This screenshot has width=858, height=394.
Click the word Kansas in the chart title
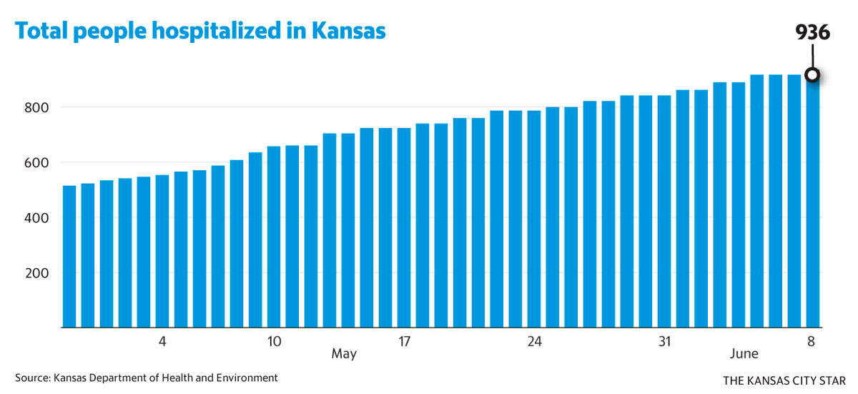(x=349, y=31)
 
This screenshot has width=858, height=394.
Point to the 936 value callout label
(x=812, y=32)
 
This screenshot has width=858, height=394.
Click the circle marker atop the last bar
(x=812, y=74)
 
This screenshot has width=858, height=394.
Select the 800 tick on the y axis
(x=36, y=107)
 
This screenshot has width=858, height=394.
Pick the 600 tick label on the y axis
(x=36, y=163)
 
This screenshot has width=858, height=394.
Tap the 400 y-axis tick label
(x=36, y=218)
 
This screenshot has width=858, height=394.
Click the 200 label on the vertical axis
(x=36, y=273)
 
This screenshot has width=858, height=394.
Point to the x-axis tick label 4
(x=162, y=341)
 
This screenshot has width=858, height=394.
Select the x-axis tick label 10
(x=275, y=341)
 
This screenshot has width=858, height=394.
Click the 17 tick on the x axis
(x=404, y=341)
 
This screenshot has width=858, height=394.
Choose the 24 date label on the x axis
(x=534, y=341)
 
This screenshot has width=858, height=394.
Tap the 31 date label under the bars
(x=664, y=341)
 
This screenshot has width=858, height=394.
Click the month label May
(x=344, y=354)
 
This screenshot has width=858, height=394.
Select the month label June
(x=744, y=353)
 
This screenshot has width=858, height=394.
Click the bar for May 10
(x=273, y=237)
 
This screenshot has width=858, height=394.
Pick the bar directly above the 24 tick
(x=534, y=219)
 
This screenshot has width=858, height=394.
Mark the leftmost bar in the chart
(x=69, y=257)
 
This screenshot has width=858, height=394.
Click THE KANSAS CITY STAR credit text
(x=784, y=380)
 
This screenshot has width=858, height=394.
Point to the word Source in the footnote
(x=33, y=378)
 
